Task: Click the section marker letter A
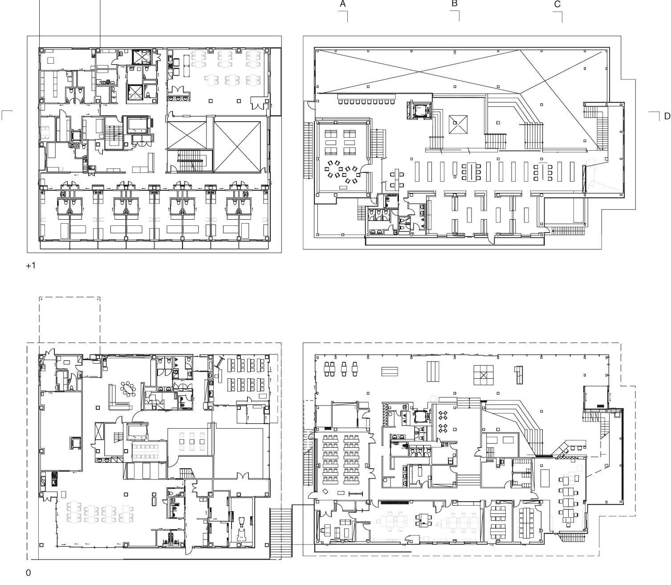click(x=343, y=4)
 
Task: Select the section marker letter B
click(x=454, y=4)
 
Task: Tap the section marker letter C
click(x=557, y=4)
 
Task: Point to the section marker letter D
click(x=667, y=116)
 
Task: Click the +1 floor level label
click(x=30, y=266)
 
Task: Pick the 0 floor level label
click(x=28, y=573)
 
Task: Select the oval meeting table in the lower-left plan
click(x=128, y=389)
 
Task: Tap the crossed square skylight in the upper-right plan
click(x=458, y=124)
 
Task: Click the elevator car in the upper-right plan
click(x=420, y=111)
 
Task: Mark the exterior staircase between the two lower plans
click(x=281, y=533)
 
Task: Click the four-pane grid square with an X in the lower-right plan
click(x=484, y=375)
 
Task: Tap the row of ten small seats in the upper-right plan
click(x=366, y=102)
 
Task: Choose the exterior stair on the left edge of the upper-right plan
click(x=308, y=151)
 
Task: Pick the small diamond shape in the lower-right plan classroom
click(x=325, y=491)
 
